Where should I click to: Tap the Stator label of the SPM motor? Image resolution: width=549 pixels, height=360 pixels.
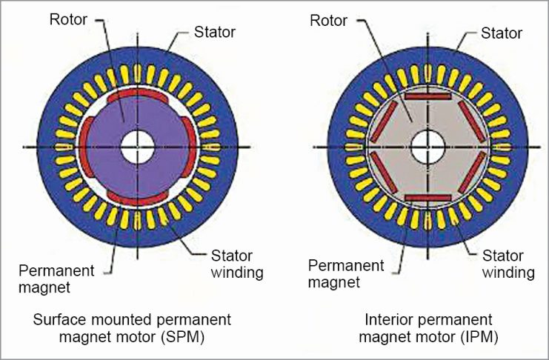pos(216,31)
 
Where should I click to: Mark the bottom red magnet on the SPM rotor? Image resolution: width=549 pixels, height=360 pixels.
pos(138,194)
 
